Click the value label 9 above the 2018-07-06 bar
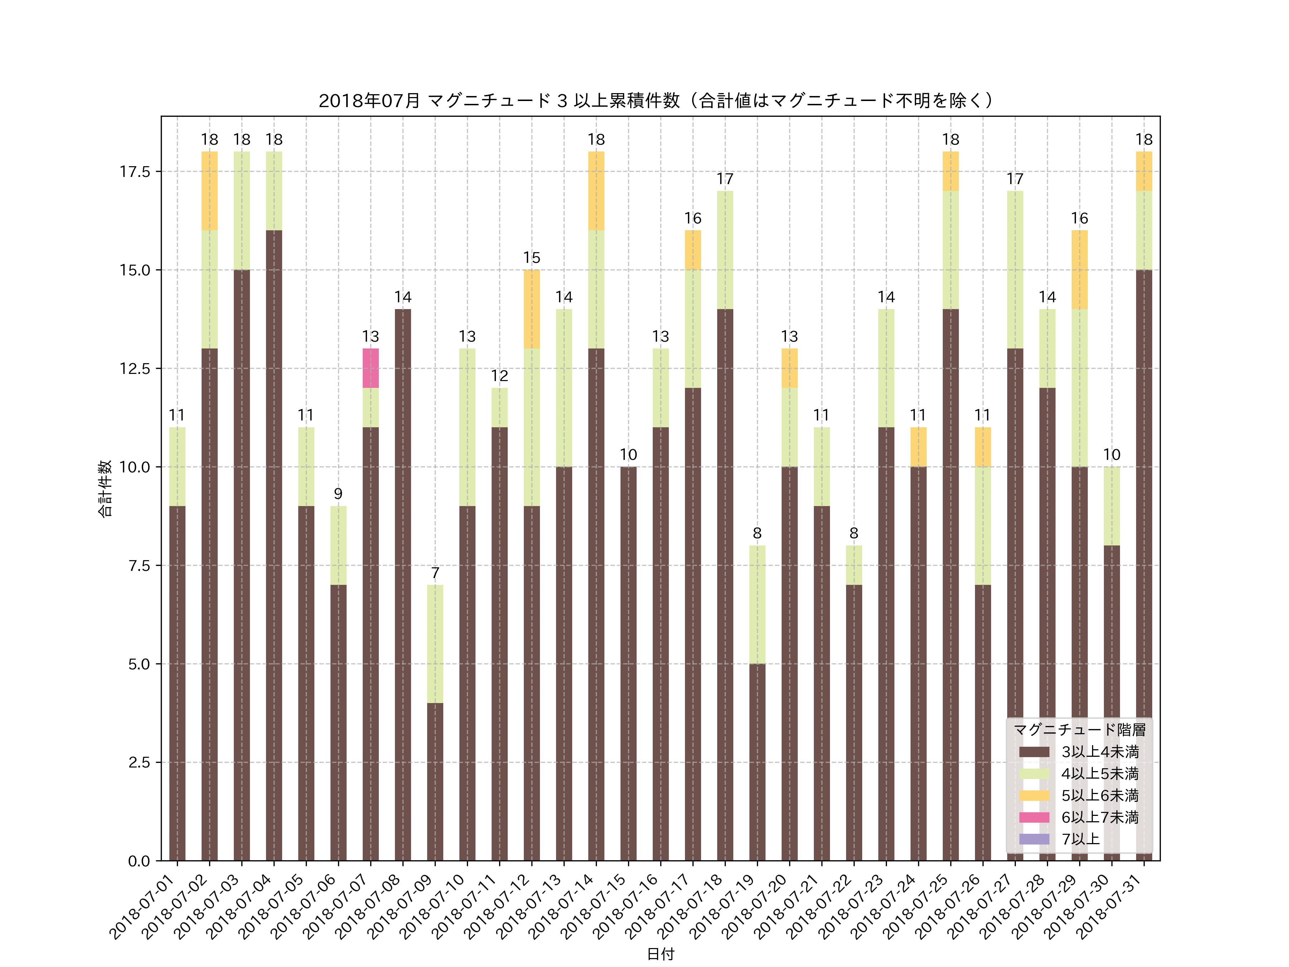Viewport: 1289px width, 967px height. (338, 494)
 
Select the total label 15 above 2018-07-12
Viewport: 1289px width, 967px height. (531, 258)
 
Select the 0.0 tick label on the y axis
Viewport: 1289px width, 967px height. (139, 861)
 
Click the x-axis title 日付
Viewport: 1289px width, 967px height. (660, 954)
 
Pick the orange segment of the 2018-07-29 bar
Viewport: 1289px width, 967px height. (1079, 269)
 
